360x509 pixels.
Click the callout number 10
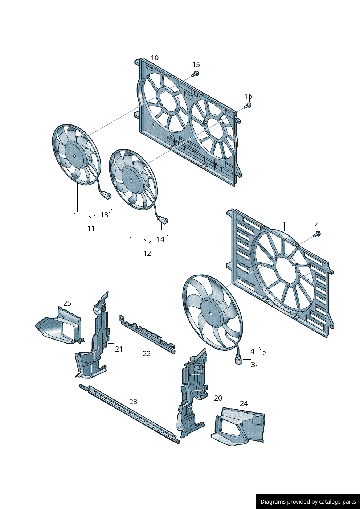(155, 58)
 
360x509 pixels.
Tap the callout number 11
(91, 228)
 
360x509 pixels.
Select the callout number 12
(147, 253)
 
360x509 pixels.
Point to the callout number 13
(104, 215)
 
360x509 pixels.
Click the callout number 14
(160, 239)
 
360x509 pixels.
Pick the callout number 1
(284, 225)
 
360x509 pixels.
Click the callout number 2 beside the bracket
(264, 354)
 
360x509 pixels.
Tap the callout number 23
(133, 402)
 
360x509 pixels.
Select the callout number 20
(218, 398)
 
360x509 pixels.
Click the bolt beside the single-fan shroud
(317, 234)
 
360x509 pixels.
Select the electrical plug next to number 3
(238, 361)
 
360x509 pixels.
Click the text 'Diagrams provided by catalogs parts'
(308, 502)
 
